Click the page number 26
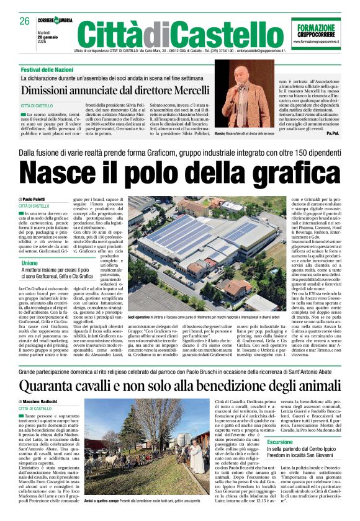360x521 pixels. coord(25,20)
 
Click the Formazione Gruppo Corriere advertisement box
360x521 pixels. coord(316,33)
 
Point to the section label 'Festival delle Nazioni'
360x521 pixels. coord(47,70)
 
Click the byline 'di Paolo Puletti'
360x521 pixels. coord(36,199)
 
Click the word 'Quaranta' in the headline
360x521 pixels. coord(59,385)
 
